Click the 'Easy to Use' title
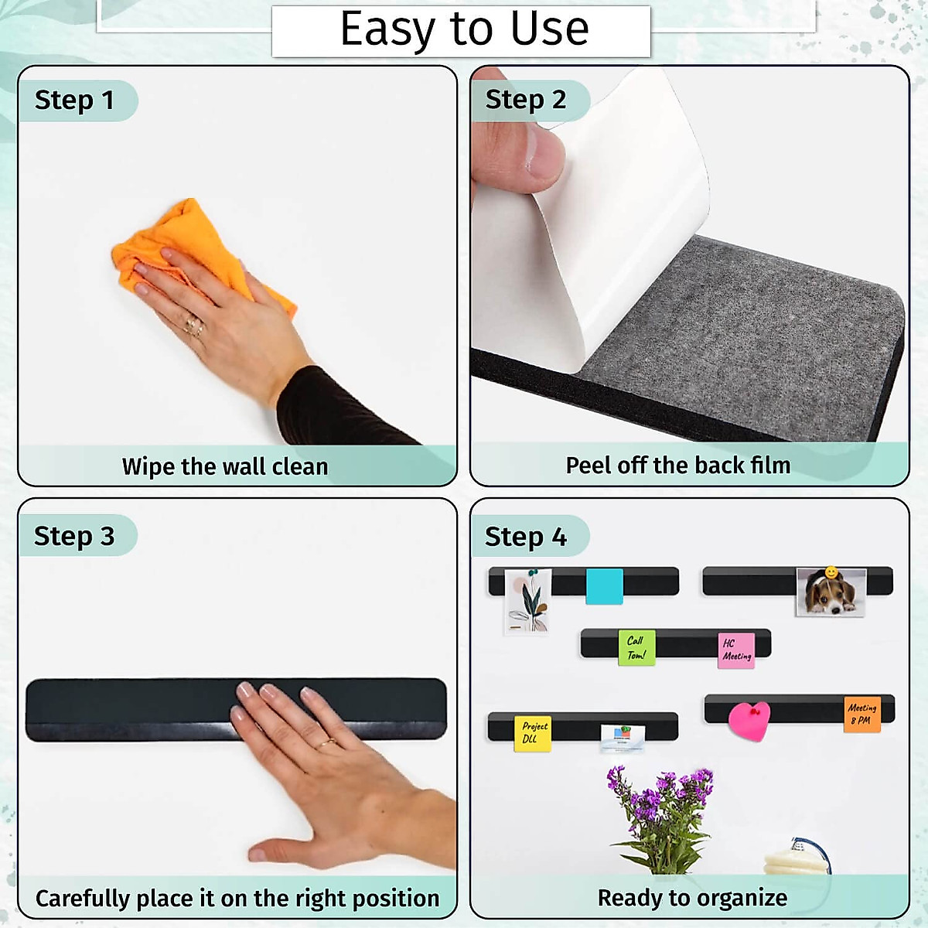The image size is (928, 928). pos(464,29)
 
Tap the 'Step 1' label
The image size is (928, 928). pos(74,100)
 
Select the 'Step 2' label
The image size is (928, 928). pos(526,100)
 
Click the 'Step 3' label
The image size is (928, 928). pos(74,536)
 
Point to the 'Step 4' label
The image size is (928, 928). pos(526,536)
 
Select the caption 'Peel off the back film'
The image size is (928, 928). pos(678,465)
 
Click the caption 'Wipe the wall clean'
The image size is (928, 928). pos(225,466)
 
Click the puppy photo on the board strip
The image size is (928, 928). pos(831,593)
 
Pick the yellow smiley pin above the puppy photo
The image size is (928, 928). pos(831,572)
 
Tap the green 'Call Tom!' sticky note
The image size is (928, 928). pos(636,647)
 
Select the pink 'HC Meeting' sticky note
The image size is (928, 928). pos(735,650)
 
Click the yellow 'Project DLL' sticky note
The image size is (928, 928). pos(533,732)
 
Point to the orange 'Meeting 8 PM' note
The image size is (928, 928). pos(861,713)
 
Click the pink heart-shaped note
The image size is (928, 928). pos(749,720)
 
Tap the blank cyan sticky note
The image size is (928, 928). pos(604,585)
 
